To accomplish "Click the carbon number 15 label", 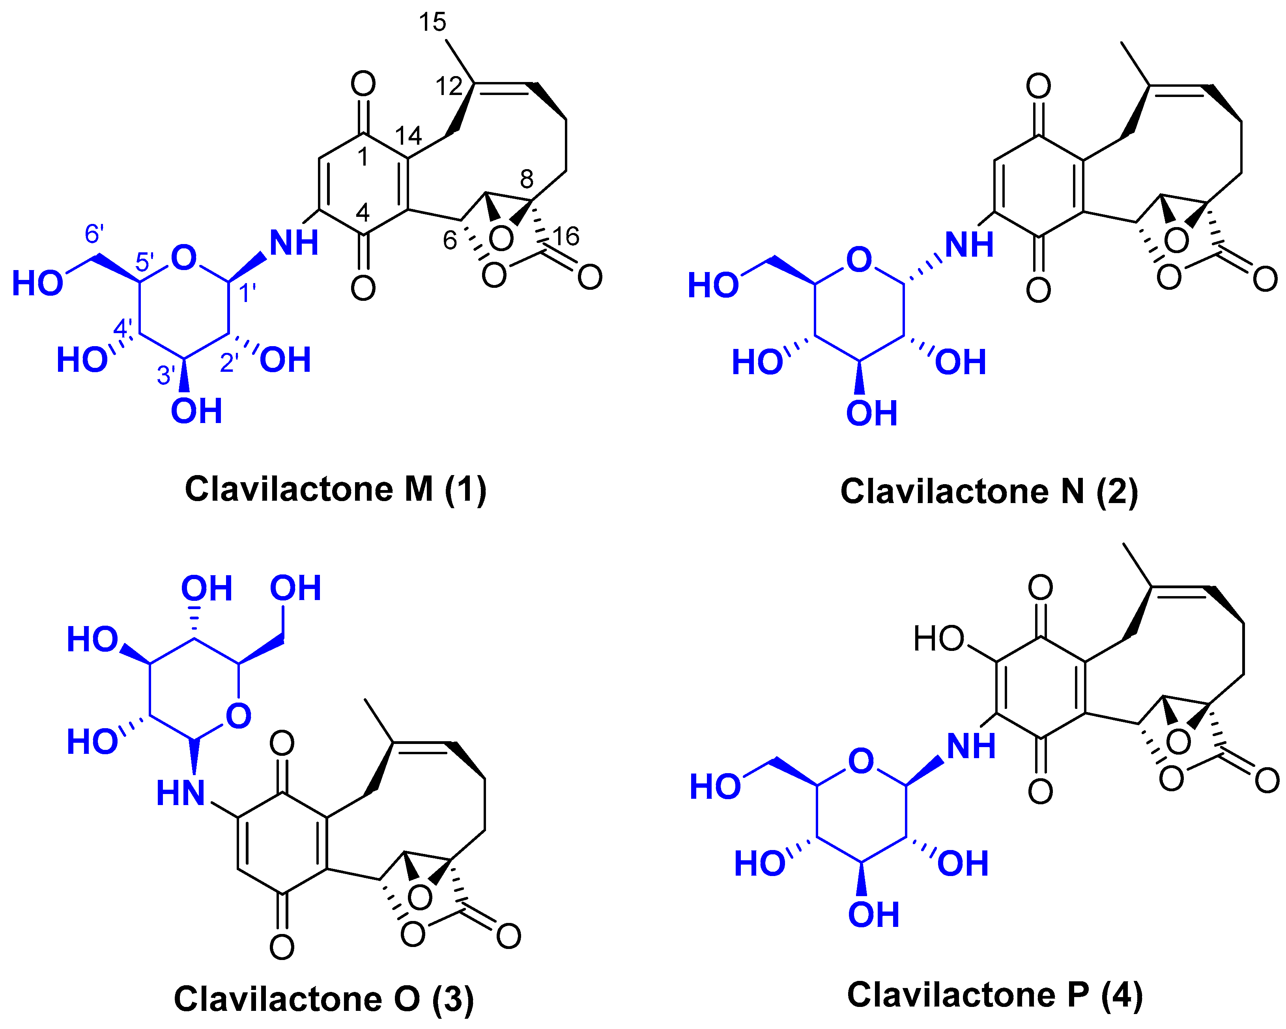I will point(432,22).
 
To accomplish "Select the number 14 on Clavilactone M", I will point(409,136).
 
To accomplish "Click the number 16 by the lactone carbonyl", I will point(565,237).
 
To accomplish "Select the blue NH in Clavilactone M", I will point(293,243).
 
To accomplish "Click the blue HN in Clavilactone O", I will point(181,794).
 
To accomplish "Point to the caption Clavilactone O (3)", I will point(324,999).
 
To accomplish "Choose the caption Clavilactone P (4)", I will point(995,995).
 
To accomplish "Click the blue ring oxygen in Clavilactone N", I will point(859,260).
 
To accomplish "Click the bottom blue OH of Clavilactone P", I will point(873,915).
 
